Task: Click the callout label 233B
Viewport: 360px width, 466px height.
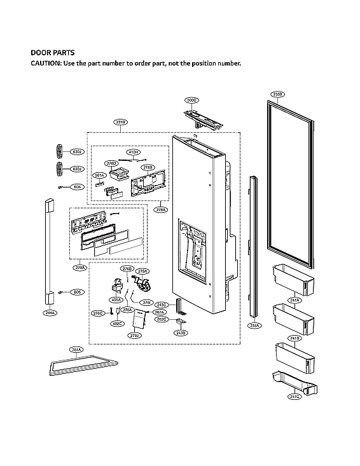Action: tap(277, 94)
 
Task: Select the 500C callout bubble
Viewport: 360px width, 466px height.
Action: tap(192, 100)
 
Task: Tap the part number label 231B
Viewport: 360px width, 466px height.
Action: tap(121, 121)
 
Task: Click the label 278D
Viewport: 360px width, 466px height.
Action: tap(111, 163)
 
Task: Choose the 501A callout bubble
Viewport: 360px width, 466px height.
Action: tap(99, 175)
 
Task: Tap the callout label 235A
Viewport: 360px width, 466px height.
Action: tap(254, 325)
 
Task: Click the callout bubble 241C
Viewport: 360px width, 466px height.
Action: tap(294, 396)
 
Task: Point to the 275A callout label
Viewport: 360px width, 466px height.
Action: tap(142, 271)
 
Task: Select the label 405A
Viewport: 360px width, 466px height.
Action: tap(116, 299)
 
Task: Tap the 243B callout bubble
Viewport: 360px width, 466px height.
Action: tap(181, 332)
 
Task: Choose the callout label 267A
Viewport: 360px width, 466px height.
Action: tap(160, 312)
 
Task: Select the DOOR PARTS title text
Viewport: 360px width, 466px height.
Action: tap(53, 53)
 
